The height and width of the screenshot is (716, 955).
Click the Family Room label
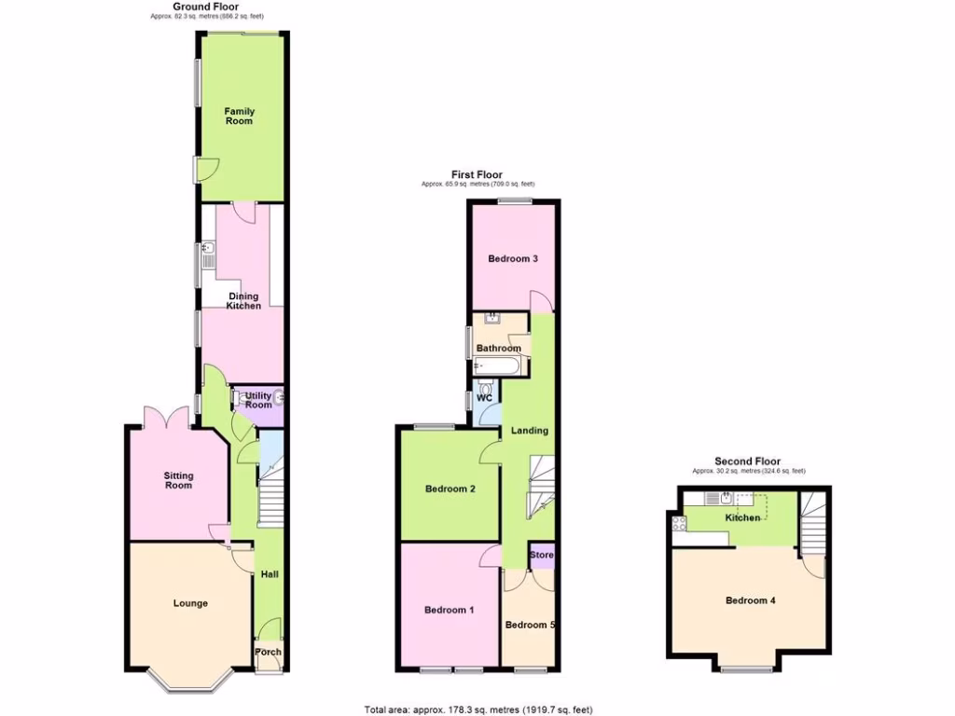click(239, 116)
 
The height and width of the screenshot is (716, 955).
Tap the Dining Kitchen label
click(243, 301)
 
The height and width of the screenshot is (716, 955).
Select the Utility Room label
click(258, 400)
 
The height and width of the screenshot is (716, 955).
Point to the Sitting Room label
click(178, 480)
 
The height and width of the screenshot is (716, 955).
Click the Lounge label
click(190, 603)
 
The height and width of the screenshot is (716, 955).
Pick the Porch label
click(269, 652)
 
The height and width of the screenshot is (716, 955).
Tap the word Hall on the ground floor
click(270, 575)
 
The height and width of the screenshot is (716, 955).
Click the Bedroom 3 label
click(513, 258)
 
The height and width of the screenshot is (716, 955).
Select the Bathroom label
click(499, 349)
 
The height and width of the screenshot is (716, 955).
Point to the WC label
click(484, 398)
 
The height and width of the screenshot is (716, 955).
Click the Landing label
click(529, 430)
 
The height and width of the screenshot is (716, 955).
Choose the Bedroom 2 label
click(450, 489)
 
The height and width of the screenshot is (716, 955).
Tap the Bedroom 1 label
click(450, 610)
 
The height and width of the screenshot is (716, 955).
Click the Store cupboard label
click(542, 556)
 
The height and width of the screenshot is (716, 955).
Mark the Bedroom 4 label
click(750, 600)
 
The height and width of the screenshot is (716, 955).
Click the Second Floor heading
click(747, 461)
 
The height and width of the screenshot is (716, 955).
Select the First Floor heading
click(477, 174)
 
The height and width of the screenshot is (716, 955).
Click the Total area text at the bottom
click(477, 709)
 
